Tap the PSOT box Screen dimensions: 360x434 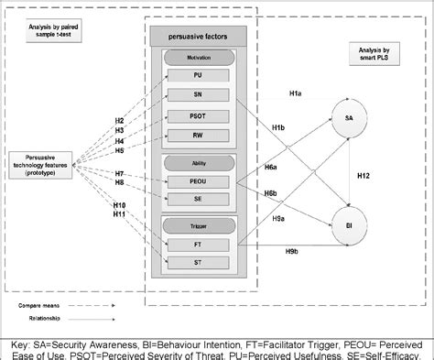(x=199, y=116)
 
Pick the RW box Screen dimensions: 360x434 (x=199, y=136)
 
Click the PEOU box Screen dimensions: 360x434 (x=199, y=180)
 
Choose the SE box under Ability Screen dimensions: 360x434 (x=199, y=199)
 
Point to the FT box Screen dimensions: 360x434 (x=199, y=243)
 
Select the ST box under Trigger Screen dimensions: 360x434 (x=199, y=263)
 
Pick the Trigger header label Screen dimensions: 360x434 (x=199, y=224)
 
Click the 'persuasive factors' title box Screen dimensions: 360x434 (x=199, y=34)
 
